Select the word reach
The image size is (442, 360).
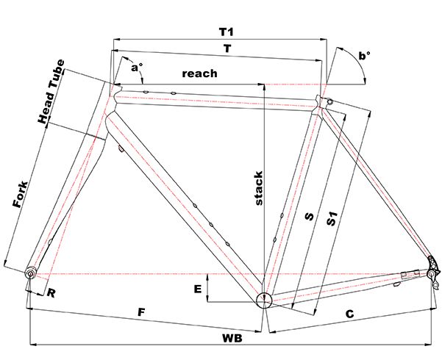[x=199, y=73]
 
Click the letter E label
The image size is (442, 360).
[x=198, y=289]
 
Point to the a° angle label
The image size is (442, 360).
[x=136, y=68]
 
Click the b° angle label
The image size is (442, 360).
[x=364, y=56]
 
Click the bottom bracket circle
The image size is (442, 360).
[x=263, y=298]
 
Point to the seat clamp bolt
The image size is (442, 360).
[x=329, y=101]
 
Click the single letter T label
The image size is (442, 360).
[x=228, y=47]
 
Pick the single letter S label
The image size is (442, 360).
[x=310, y=217]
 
